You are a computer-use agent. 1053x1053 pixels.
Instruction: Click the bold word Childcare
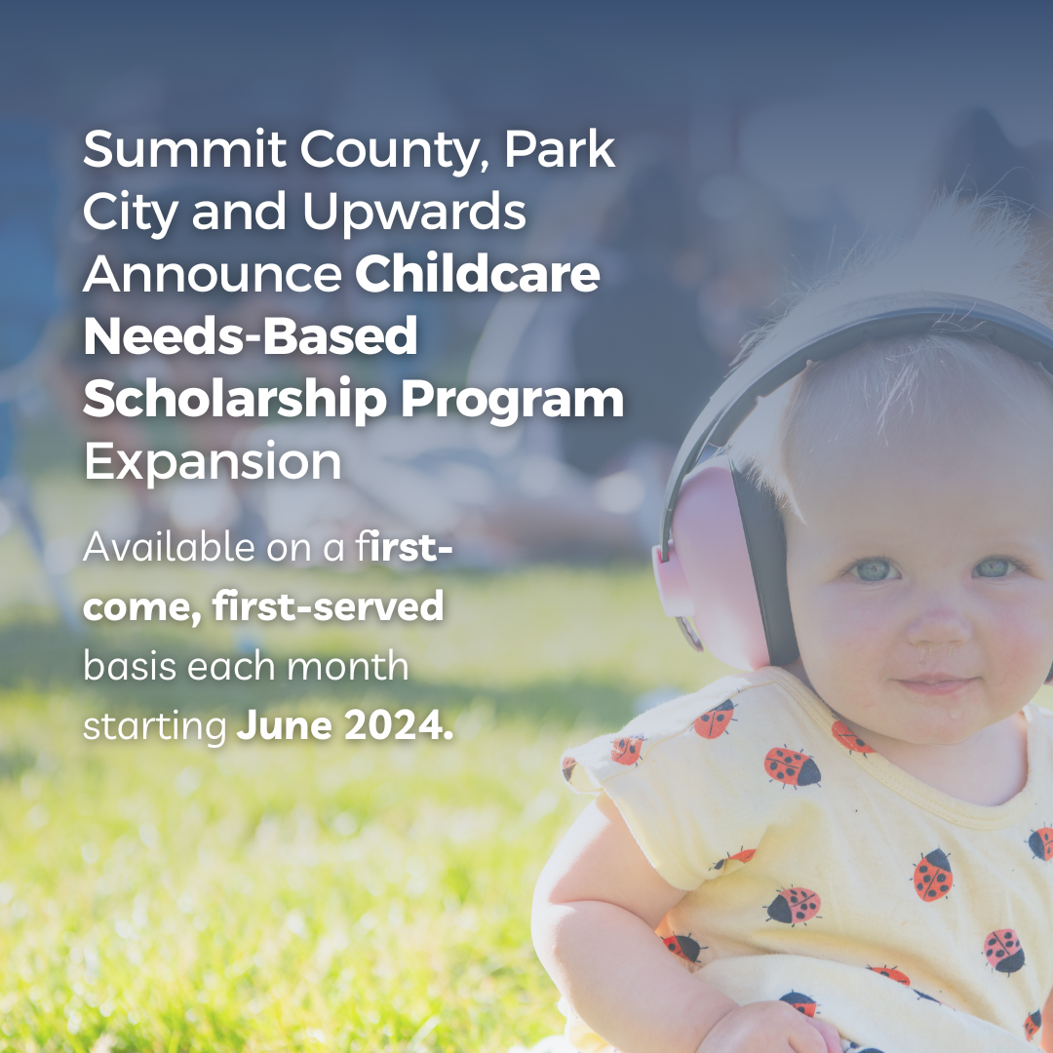click(x=477, y=276)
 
